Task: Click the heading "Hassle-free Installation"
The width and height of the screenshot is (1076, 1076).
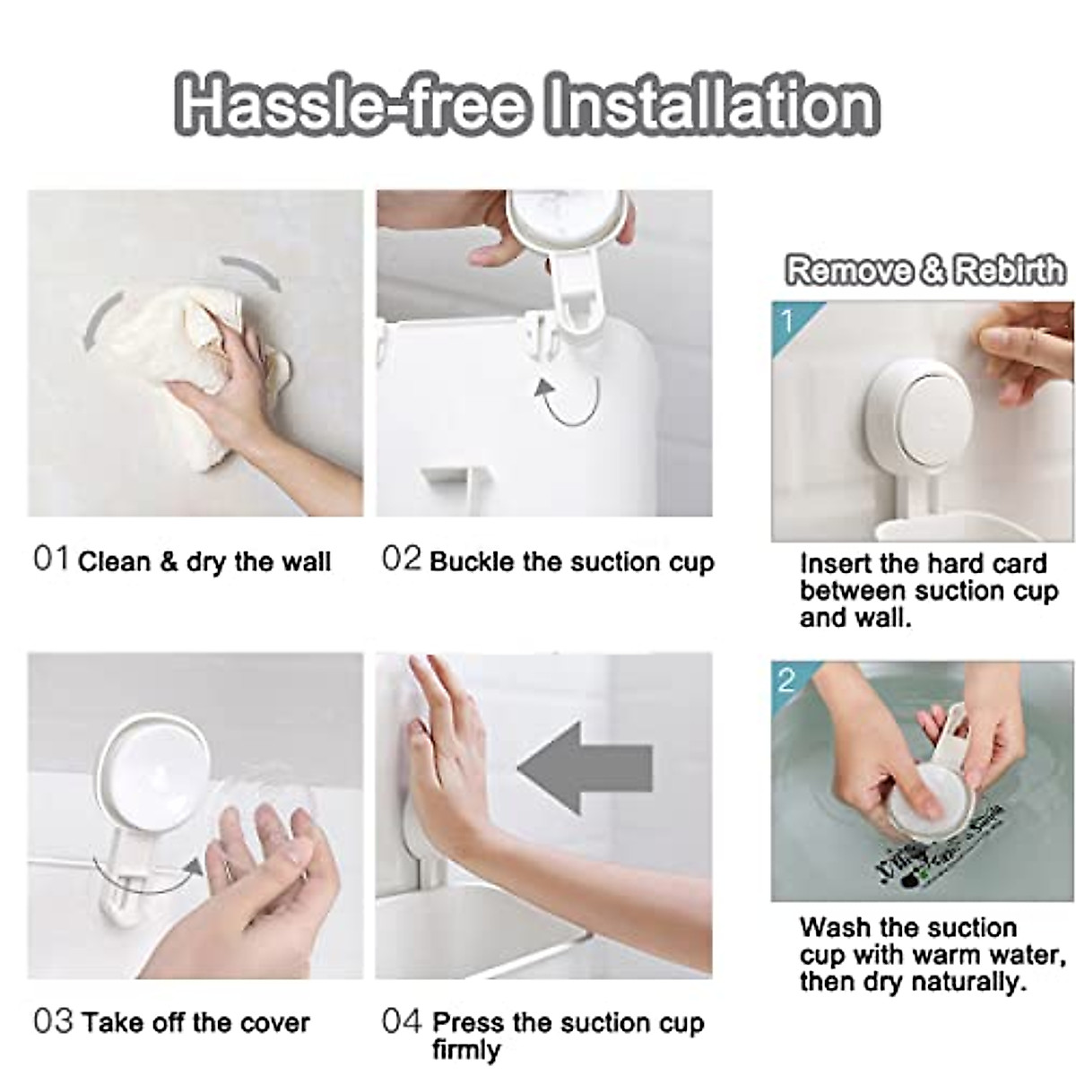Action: [x=527, y=106]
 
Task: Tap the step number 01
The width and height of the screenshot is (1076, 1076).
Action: [x=50, y=559]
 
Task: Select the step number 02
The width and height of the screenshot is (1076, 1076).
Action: [x=401, y=559]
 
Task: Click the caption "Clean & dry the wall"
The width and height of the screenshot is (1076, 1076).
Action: [x=204, y=562]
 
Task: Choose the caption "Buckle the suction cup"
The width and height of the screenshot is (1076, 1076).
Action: [x=571, y=562]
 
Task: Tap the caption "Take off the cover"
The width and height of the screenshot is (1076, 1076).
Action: [x=195, y=1022]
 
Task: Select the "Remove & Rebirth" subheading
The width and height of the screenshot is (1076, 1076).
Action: [x=924, y=270]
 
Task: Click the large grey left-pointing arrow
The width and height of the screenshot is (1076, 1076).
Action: [x=583, y=768]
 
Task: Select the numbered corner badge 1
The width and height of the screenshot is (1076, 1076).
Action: [x=787, y=318]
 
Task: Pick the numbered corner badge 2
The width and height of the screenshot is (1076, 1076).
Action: [x=786, y=680]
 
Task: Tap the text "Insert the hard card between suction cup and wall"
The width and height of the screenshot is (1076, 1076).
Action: [x=928, y=590]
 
